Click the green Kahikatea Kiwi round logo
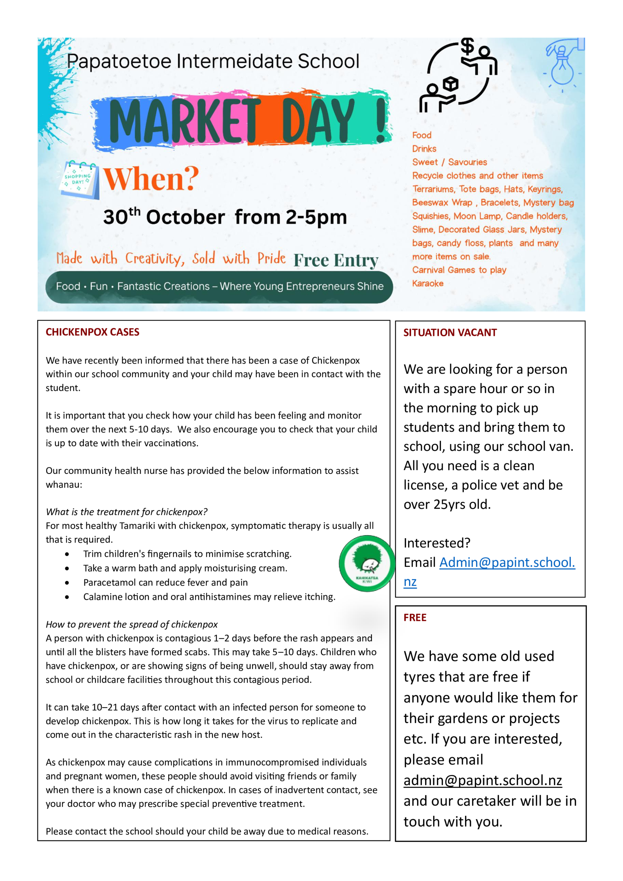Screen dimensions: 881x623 (367, 563)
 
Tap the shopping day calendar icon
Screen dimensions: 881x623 (79, 180)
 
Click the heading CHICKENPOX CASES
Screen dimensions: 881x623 (93, 332)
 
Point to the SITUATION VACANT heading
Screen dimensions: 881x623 (450, 332)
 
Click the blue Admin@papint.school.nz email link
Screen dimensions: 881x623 (507, 563)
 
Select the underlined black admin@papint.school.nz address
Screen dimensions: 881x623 (483, 780)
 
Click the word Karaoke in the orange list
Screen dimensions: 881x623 (428, 284)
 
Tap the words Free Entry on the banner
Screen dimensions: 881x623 (336, 260)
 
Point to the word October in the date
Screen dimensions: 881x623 (185, 217)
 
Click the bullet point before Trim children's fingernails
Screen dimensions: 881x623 (67, 554)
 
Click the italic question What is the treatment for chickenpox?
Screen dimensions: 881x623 (127, 512)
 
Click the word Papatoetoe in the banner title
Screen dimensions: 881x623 (119, 61)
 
